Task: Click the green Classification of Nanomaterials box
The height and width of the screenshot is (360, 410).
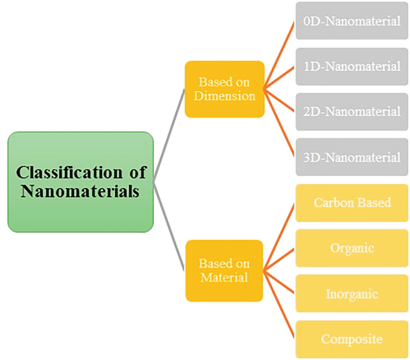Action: [x=81, y=181]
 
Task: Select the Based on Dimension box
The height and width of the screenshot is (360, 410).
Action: [x=224, y=89]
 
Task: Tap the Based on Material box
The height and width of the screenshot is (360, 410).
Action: [x=224, y=270]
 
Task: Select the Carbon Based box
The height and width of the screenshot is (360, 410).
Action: [x=352, y=202]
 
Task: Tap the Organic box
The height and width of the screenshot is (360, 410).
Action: [x=352, y=247]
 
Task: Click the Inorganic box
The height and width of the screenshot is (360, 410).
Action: [x=352, y=294]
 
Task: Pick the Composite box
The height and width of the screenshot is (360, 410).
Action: [x=352, y=339]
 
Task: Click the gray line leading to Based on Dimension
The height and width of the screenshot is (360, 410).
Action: [x=169, y=135]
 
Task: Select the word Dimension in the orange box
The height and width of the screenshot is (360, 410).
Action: [x=224, y=96]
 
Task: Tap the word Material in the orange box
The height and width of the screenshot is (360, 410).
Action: [x=224, y=277]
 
